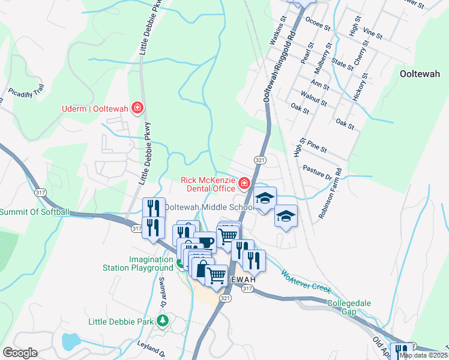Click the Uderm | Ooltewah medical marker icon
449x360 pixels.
137,108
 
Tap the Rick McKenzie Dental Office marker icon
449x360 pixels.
244,183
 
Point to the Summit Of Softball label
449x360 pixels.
34,212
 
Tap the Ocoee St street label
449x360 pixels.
318,27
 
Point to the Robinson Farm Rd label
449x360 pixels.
331,192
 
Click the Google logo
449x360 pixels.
20,353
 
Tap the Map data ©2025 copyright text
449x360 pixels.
423,355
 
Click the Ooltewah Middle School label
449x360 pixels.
208,207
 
